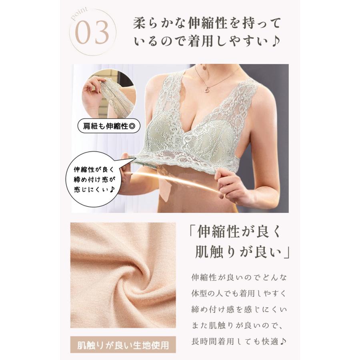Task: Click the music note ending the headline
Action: tap(276, 41)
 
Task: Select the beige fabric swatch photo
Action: tap(123, 275)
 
